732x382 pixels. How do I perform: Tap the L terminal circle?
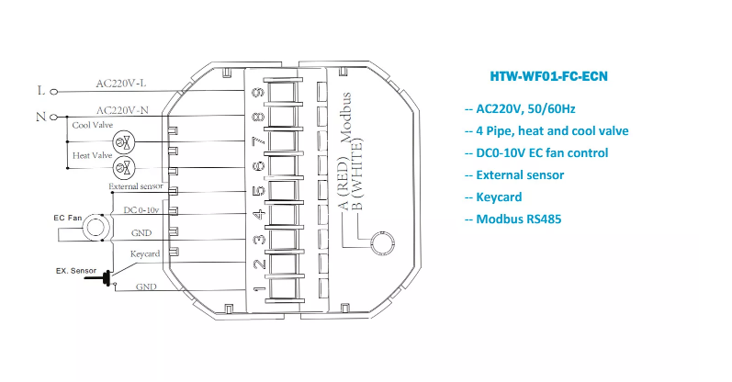(52, 91)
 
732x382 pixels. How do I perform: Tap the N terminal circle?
(52, 118)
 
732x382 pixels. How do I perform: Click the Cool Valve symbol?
(129, 140)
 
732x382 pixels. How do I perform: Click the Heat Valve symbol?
(129, 167)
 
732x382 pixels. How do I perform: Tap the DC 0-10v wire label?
(141, 209)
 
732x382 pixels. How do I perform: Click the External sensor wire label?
(137, 186)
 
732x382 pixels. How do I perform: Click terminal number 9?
(259, 92)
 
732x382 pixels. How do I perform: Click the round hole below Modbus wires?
(379, 244)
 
